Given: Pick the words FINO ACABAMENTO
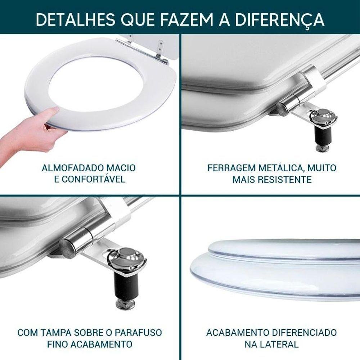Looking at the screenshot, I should (90, 344).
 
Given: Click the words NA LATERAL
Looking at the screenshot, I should (271, 344).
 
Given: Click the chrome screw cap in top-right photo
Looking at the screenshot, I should (323, 117).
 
